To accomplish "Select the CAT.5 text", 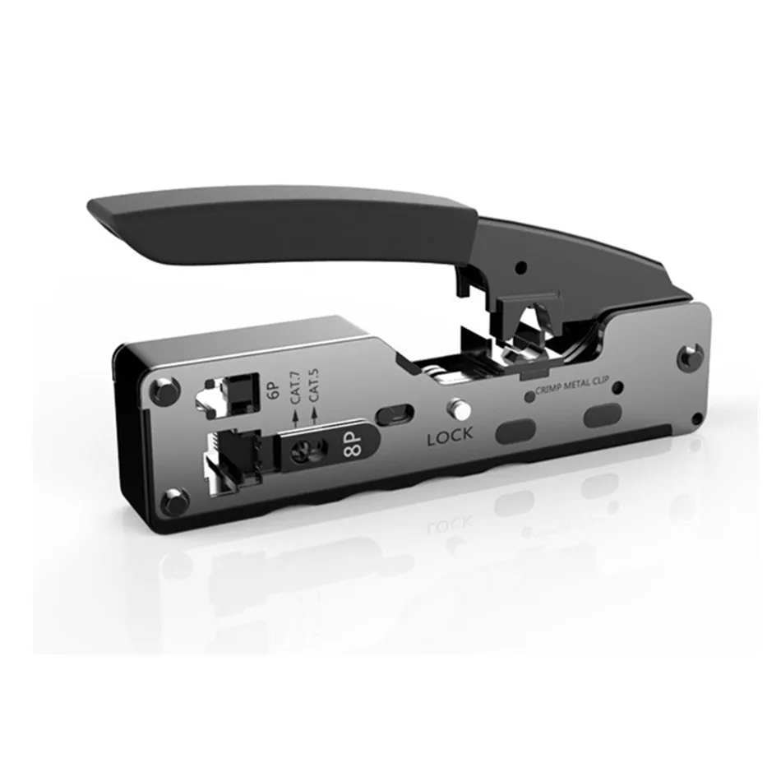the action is (x=314, y=385).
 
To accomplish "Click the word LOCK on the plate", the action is (x=450, y=437).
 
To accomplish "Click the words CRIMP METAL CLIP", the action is (x=572, y=385).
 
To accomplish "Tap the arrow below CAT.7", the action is (x=295, y=418).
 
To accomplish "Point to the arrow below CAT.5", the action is (x=314, y=416).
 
